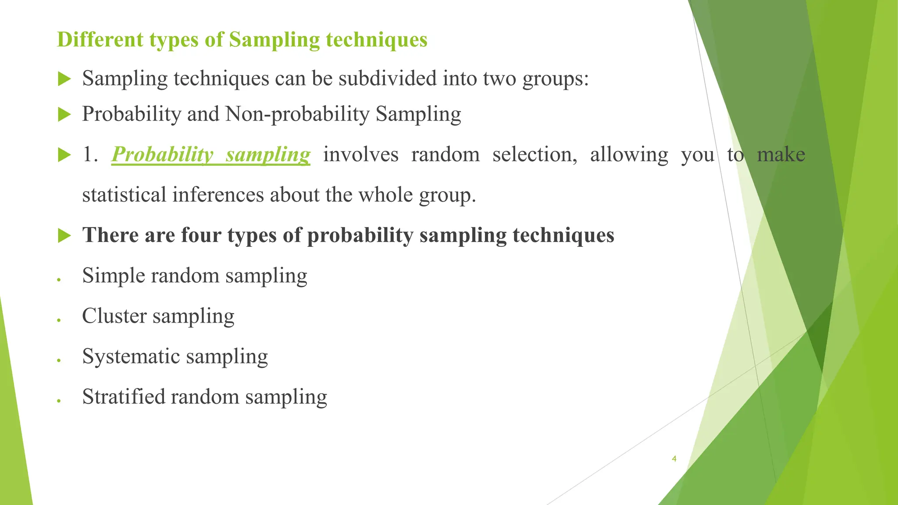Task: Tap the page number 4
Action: [x=674, y=459]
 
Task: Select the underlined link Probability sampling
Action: [x=211, y=155]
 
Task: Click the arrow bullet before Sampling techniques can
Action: [x=64, y=79]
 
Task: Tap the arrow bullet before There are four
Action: [x=64, y=236]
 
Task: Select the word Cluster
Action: [x=114, y=316]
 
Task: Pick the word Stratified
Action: [x=123, y=397]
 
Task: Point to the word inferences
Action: [x=217, y=195]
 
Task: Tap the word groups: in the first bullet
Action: [x=555, y=80]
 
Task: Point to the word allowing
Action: [x=629, y=155]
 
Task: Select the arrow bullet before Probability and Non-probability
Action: [x=64, y=115]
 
